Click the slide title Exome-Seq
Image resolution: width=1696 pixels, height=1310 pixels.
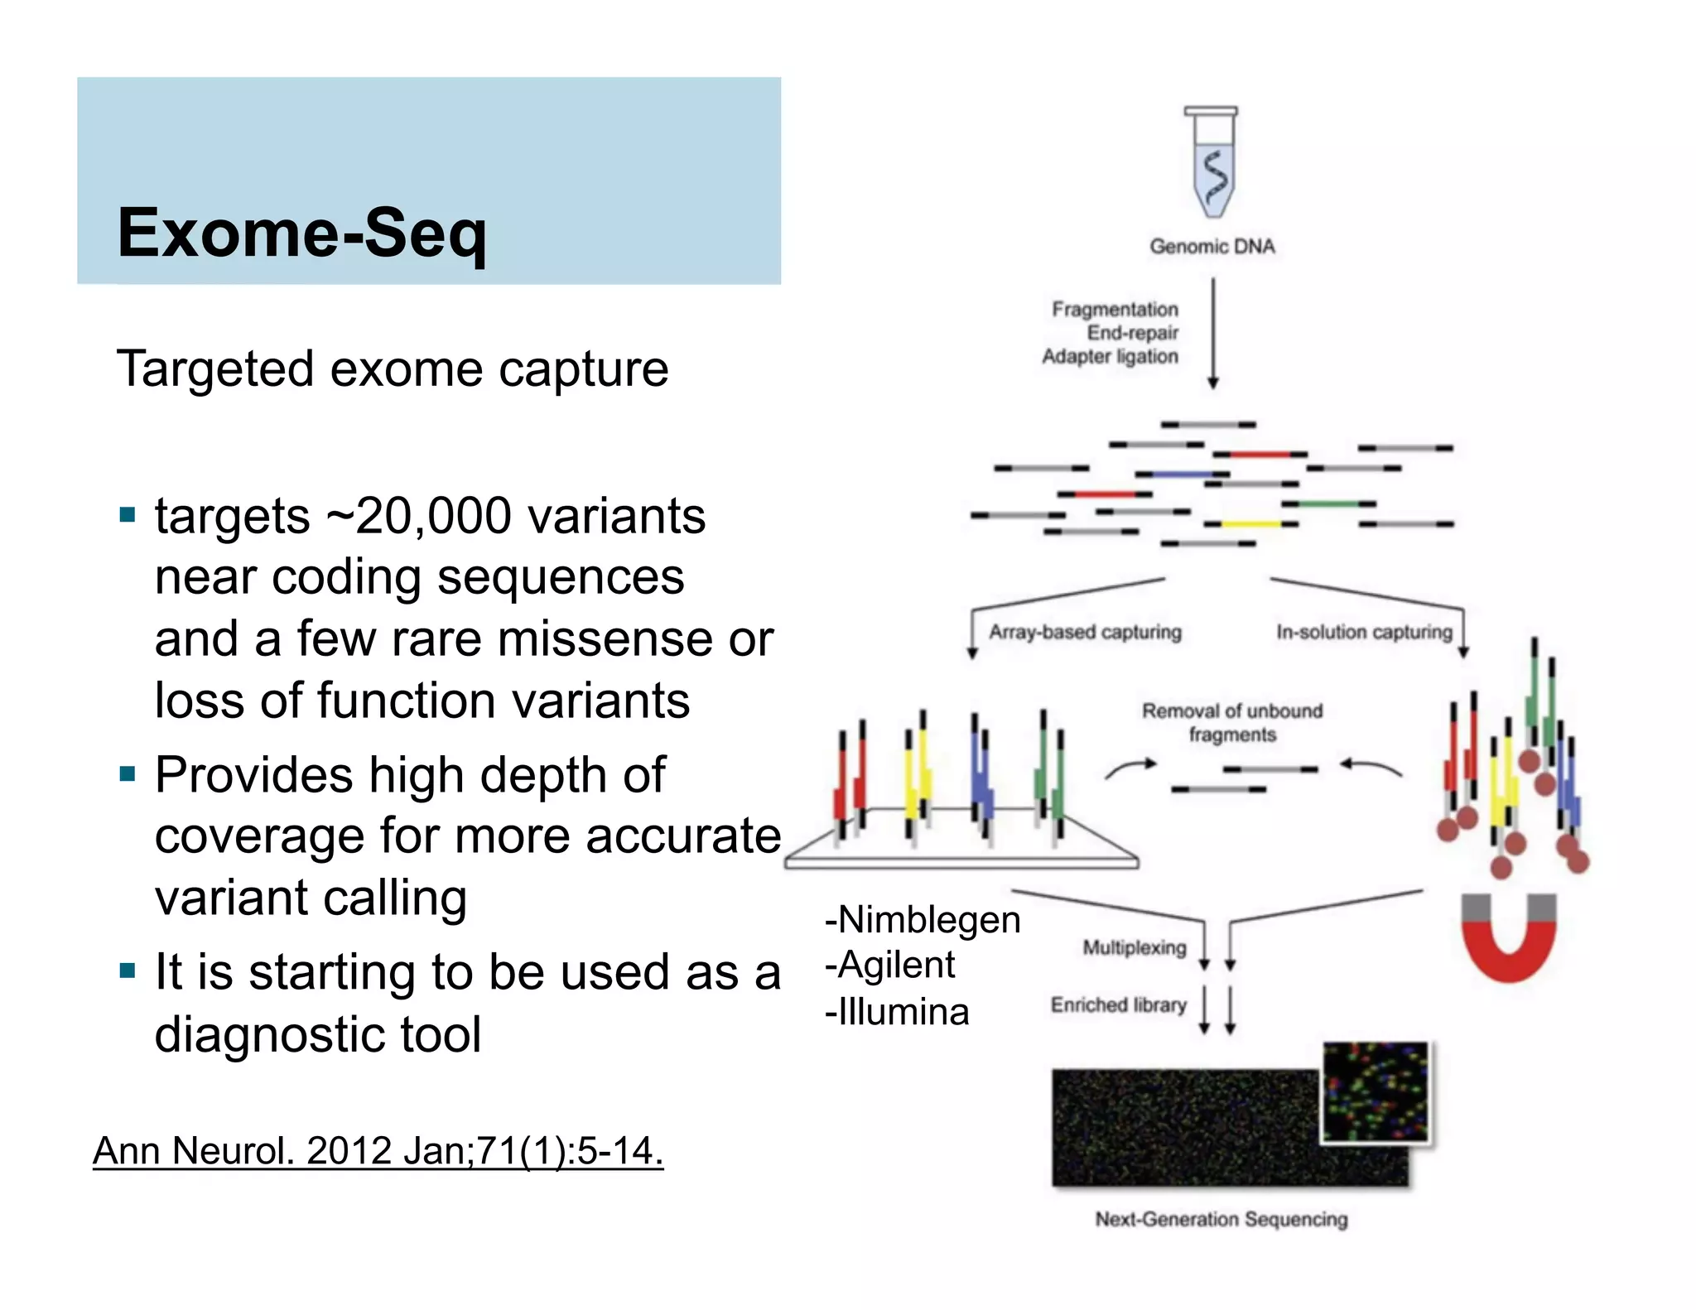302,234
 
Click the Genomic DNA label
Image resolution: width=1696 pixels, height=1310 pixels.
1212,246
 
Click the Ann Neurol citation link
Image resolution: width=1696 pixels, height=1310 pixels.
378,1151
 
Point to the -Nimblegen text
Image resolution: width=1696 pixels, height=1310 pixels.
922,920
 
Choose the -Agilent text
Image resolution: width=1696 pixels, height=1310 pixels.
889,966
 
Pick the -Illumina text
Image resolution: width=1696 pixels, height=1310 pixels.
896,1012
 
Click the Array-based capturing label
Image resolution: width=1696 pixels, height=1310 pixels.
1085,632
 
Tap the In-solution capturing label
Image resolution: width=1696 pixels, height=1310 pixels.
1364,632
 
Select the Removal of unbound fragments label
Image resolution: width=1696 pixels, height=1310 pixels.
1232,722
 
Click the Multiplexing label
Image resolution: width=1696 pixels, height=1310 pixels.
1135,947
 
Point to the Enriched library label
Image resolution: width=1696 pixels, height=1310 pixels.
1118,1004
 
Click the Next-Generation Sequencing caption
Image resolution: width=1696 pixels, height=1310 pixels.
1221,1219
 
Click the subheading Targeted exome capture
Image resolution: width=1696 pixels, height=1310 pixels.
393,368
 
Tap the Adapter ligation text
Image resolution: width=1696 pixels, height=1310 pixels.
1110,356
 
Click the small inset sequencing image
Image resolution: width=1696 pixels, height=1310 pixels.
1376,1091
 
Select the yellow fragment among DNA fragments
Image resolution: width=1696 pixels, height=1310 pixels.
1250,523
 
